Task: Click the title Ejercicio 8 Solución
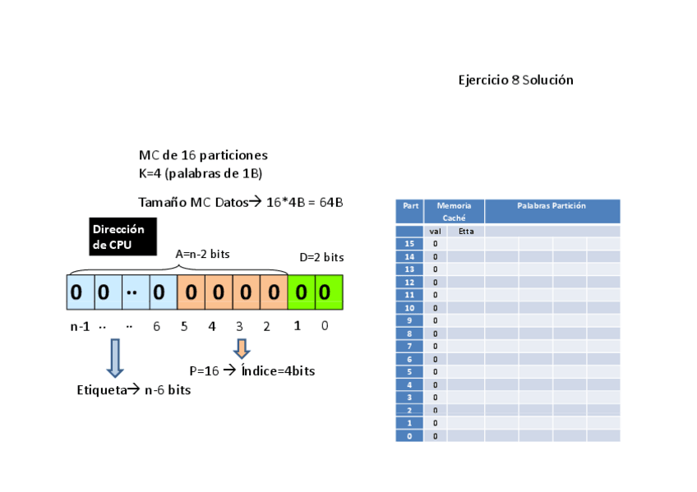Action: click(x=515, y=80)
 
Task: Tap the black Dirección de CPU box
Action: click(x=122, y=237)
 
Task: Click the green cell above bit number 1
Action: click(x=301, y=292)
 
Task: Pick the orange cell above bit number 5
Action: click(x=190, y=292)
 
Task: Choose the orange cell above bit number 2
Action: click(x=273, y=292)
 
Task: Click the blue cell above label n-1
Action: click(x=76, y=292)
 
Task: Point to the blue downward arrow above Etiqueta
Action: click(x=114, y=358)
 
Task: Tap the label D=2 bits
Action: click(x=321, y=258)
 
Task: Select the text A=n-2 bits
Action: click(x=203, y=255)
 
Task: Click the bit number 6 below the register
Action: click(x=156, y=326)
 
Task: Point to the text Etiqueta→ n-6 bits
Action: click(x=133, y=390)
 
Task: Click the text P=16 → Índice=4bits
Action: click(x=252, y=371)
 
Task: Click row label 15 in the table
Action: click(x=409, y=244)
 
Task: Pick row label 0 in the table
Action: click(x=409, y=436)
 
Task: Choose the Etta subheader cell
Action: click(x=466, y=232)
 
